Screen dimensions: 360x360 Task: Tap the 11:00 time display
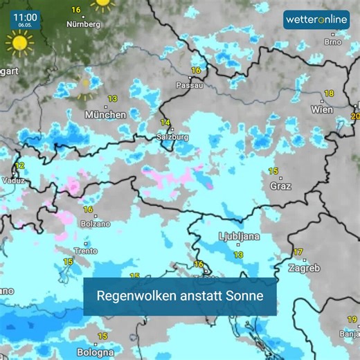25,16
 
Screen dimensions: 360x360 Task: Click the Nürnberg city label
83,24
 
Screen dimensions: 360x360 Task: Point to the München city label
105,115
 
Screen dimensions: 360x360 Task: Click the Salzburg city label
172,137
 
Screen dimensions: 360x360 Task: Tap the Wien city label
322,109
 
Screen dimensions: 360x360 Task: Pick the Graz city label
280,186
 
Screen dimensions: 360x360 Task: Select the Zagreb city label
305,268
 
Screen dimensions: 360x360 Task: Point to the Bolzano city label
96,224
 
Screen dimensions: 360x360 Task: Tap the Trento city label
85,251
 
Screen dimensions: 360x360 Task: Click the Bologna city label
95,352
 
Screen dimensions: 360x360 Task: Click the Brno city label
333,42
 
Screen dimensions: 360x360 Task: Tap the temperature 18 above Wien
329,93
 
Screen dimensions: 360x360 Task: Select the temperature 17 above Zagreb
298,252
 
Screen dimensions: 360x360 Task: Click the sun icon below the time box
19,43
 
